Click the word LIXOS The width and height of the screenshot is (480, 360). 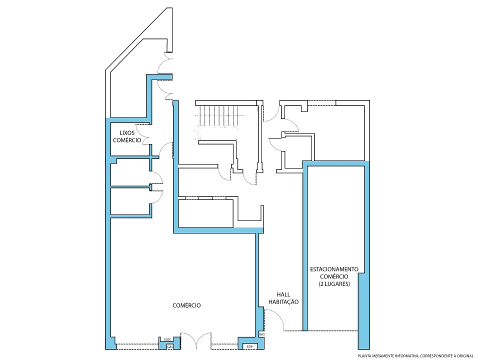(x=127, y=133)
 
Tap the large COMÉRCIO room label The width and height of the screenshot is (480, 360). (x=186, y=305)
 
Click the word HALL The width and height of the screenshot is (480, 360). (x=283, y=294)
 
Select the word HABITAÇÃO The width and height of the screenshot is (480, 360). (x=283, y=302)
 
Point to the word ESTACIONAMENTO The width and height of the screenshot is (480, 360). (x=334, y=269)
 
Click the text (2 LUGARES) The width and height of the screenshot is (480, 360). (x=334, y=284)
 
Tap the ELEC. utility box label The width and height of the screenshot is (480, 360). (x=168, y=339)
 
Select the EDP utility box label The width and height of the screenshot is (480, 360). (x=250, y=346)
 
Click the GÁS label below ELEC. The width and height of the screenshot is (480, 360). (x=170, y=347)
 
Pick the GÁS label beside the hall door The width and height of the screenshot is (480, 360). (x=261, y=334)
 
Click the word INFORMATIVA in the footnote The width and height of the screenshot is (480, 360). (x=406, y=356)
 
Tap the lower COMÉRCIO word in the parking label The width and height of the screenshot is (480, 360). (x=334, y=276)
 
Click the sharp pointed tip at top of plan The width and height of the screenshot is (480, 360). (x=168, y=8)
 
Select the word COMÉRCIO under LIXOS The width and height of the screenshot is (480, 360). (x=127, y=140)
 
